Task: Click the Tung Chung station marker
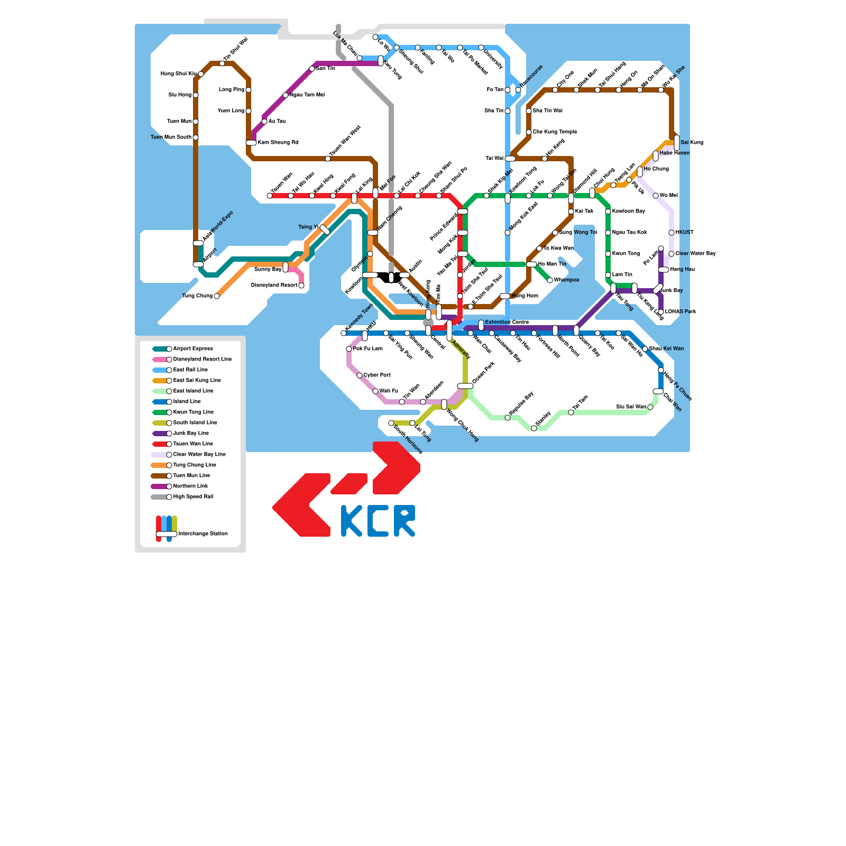tap(217, 296)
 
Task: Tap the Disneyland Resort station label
tap(274, 286)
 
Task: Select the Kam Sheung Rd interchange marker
tap(251, 143)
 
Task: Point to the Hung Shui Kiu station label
tap(179, 74)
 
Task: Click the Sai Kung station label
tap(692, 143)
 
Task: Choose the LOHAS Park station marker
tap(661, 312)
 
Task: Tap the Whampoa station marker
tap(550, 280)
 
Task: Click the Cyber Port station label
tap(377, 375)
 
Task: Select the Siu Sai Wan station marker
tap(650, 407)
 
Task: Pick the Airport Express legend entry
tap(193, 349)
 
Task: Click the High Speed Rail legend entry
tap(193, 497)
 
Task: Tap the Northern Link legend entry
tap(190, 486)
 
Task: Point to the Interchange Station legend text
tap(203, 534)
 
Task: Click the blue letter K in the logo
tap(352, 521)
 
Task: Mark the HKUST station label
tap(684, 233)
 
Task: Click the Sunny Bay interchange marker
tap(286, 267)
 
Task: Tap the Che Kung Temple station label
tap(555, 132)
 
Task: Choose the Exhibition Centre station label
tap(507, 322)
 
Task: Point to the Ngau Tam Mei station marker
tap(286, 95)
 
